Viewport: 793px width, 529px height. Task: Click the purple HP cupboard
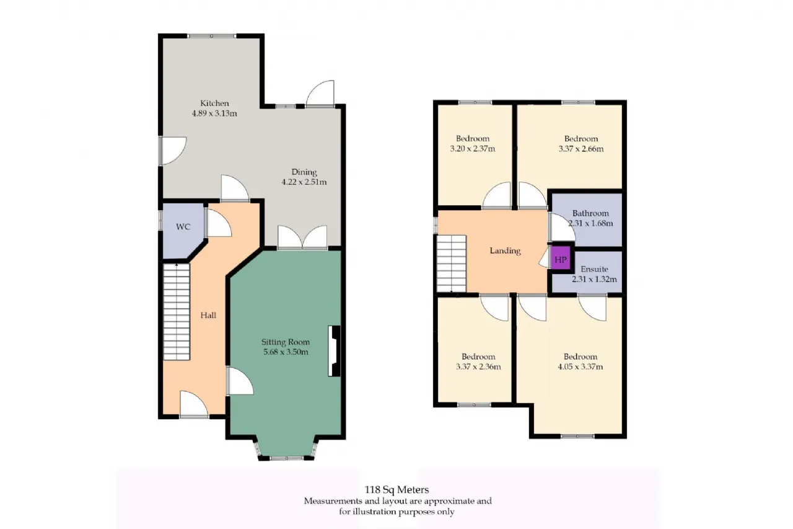pos(561,259)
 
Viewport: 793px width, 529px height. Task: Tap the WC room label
pos(183,227)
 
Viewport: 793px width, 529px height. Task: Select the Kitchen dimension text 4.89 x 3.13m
pos(214,113)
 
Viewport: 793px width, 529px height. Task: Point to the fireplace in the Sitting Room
pos(334,351)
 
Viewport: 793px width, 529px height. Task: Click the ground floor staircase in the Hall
pos(177,312)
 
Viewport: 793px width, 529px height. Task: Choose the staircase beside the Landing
pos(452,264)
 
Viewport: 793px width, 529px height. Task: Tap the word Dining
pos(304,172)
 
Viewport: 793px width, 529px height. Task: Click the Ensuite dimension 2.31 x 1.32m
pos(594,279)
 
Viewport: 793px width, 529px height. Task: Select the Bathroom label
pos(590,213)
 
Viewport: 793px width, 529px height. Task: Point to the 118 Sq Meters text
pos(397,490)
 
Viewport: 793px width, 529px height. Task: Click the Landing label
pos(505,251)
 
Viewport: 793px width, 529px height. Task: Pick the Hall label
pos(208,315)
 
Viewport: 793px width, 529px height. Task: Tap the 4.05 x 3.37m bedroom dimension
pos(581,367)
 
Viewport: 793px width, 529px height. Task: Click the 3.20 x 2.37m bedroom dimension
pos(473,149)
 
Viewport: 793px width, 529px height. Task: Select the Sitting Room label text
pos(286,342)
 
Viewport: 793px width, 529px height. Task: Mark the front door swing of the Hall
pos(194,404)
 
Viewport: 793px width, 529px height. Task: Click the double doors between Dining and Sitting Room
pos(302,237)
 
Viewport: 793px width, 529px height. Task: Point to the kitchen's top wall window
pos(211,36)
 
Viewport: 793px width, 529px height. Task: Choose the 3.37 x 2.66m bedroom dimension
pos(581,149)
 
